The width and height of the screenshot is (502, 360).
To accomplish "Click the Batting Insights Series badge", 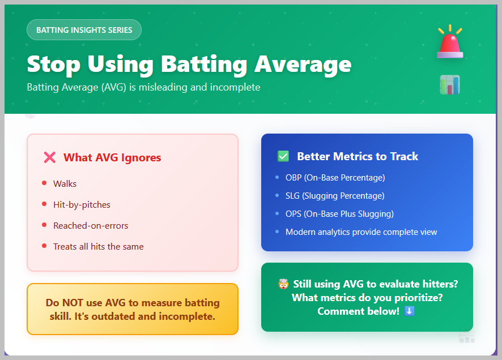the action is [84, 30].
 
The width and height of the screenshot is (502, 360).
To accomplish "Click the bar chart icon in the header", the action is [450, 85].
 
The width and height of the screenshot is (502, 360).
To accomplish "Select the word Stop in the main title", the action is [53, 65].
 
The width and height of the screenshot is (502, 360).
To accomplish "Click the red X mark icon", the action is [50, 157].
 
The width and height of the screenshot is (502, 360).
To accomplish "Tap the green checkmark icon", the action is [283, 156].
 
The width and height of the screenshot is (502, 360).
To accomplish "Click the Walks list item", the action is [65, 184].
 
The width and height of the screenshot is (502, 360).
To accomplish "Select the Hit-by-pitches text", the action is [82, 204].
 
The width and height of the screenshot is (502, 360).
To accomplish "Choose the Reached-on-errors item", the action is [91, 226].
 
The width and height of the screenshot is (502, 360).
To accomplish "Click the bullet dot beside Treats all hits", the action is [44, 246].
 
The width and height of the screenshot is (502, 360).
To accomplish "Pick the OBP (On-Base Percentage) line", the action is [335, 178].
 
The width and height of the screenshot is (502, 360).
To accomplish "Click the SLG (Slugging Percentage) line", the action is [335, 196].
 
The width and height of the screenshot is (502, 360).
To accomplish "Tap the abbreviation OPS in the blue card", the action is [293, 214].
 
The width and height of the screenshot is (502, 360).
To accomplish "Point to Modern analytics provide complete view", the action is [361, 232].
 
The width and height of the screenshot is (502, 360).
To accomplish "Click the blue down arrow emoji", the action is [410, 311].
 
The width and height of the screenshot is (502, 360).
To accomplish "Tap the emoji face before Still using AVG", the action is [283, 284].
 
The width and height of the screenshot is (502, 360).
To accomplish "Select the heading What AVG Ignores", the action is [112, 157].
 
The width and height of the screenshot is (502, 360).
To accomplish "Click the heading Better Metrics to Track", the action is [358, 156].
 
